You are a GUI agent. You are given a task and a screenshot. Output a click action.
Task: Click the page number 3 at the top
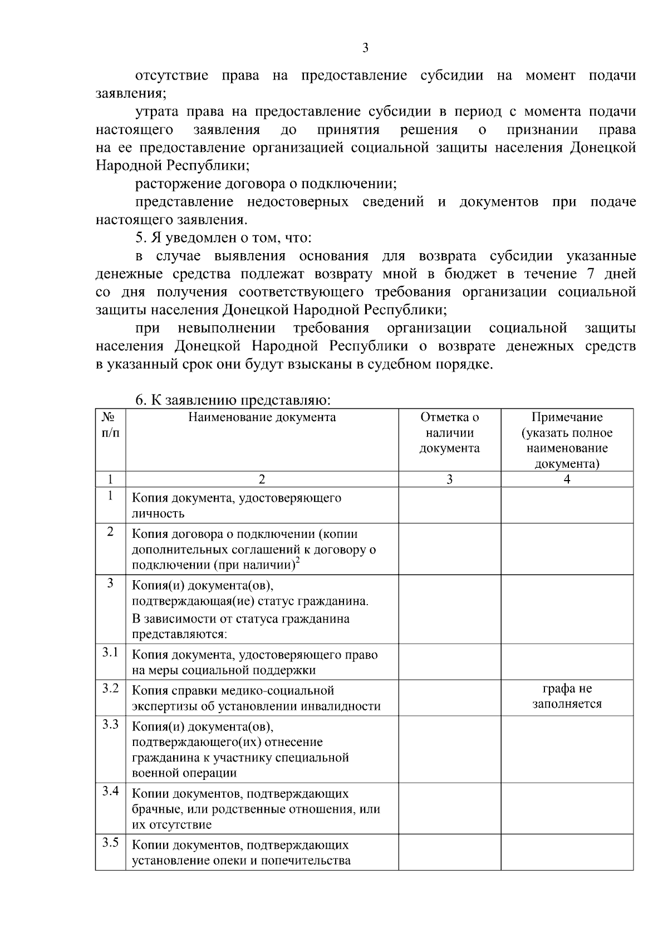[365, 48]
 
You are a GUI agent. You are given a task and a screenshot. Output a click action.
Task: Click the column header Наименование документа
[262, 417]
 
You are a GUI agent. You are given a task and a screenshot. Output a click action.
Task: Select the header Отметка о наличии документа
[449, 433]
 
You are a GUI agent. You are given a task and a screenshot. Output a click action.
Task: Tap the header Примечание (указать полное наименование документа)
[567, 440]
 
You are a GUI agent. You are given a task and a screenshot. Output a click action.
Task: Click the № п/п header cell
[110, 425]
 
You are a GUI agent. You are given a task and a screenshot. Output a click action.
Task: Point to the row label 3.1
[110, 653]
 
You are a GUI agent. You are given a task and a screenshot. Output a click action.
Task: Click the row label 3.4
[110, 792]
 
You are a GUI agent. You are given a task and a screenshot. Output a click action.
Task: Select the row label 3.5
[110, 843]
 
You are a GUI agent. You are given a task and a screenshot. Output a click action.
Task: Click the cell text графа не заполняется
[567, 696]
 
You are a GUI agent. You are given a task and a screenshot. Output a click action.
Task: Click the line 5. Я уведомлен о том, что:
[224, 238]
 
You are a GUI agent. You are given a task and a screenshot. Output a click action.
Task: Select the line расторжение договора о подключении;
[266, 184]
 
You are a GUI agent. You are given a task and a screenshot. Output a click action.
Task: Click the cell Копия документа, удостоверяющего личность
[236, 506]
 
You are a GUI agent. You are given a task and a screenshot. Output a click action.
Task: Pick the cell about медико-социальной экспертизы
[256, 698]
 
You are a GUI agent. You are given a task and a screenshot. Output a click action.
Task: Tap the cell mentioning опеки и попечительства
[241, 853]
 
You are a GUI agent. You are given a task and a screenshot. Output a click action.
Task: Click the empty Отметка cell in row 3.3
[449, 749]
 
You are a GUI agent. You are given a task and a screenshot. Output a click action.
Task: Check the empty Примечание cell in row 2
[567, 549]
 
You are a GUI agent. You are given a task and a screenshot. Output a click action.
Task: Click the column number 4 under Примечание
[567, 480]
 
